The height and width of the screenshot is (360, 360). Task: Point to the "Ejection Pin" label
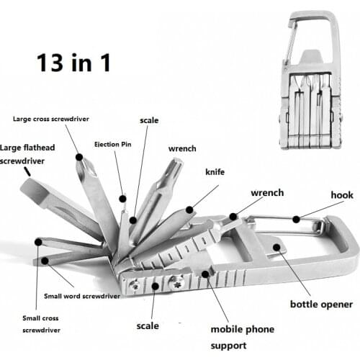[112, 143]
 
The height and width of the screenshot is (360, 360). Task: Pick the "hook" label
[341, 194]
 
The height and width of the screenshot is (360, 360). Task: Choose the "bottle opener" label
[317, 305]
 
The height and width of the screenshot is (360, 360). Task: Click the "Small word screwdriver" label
[82, 294]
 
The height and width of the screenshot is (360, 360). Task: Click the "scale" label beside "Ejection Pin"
[149, 121]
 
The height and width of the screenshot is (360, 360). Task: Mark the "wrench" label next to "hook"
[266, 193]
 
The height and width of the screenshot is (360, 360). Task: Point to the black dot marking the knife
[189, 210]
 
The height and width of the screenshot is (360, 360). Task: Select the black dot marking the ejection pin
[123, 198]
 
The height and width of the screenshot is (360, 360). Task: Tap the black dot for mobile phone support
[206, 274]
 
